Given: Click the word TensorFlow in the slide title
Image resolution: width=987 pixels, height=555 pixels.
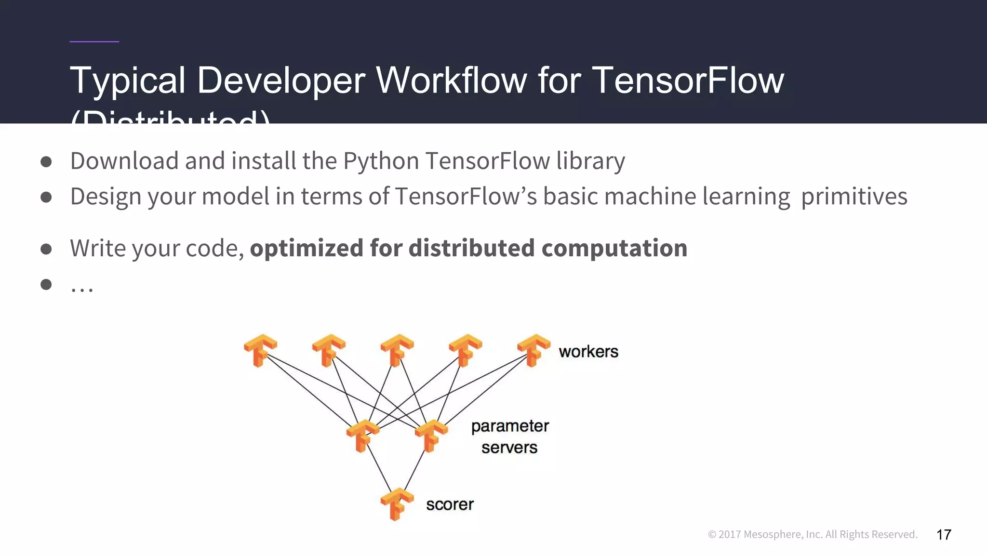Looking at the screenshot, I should [x=688, y=80].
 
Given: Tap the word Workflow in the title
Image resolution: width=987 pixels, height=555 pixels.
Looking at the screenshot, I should [x=451, y=80].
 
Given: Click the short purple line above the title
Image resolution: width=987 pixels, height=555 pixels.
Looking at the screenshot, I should [x=94, y=42].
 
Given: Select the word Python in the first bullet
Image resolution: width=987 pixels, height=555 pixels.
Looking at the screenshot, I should [x=381, y=161].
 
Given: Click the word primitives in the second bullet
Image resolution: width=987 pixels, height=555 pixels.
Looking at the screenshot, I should [x=854, y=197].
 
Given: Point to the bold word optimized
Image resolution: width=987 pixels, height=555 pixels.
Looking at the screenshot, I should [x=307, y=248].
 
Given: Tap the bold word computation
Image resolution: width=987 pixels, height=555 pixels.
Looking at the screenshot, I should [x=614, y=248].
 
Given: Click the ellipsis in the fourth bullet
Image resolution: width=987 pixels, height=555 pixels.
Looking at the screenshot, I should [x=82, y=288].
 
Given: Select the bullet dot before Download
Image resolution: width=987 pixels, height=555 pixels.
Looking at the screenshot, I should [x=46, y=161].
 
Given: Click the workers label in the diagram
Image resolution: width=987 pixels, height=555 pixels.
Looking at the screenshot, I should [x=588, y=352].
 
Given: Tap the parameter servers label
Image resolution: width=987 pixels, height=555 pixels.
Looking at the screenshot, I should [x=510, y=436].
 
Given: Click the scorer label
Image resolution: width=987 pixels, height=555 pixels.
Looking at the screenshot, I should [x=450, y=504].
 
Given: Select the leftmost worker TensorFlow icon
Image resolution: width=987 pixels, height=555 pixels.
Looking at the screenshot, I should [x=260, y=350].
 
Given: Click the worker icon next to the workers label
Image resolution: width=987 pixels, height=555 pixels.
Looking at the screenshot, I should [x=533, y=350].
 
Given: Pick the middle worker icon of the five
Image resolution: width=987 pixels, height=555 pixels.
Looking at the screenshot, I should [x=397, y=350].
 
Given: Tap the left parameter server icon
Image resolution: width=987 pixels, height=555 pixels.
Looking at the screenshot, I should [x=362, y=436].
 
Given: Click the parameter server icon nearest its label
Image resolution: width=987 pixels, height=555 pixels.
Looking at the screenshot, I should [x=431, y=436].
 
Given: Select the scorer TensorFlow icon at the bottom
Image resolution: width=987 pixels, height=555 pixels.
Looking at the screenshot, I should [x=397, y=504].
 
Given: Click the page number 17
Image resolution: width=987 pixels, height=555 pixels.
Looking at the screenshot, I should [x=944, y=534].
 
